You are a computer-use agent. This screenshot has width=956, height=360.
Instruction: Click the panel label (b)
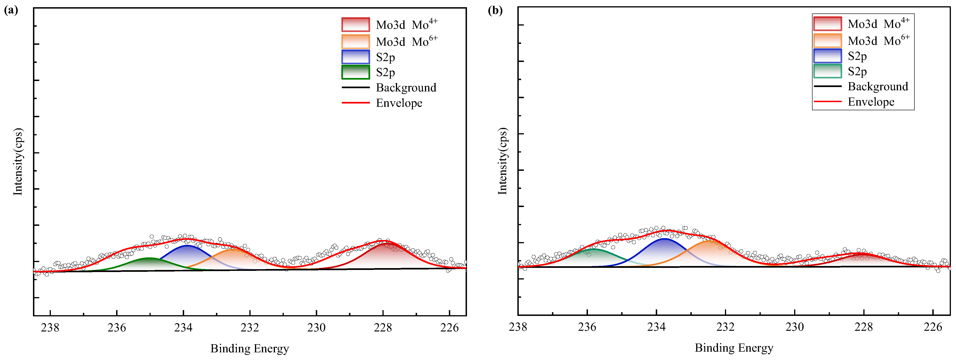tap(495, 10)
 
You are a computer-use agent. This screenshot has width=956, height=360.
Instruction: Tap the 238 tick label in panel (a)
tap(50, 328)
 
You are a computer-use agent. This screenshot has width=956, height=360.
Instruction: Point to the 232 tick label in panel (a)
tap(250, 328)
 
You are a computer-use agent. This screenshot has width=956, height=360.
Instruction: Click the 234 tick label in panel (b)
tap(656, 327)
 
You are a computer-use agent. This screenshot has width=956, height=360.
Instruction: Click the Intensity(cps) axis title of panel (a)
tap(18, 162)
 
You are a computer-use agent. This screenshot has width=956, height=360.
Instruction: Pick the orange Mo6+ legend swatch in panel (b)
tap(827, 40)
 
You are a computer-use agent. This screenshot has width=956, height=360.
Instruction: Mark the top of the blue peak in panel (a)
tap(187, 246)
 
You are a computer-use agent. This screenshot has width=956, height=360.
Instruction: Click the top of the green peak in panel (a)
tap(148, 258)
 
